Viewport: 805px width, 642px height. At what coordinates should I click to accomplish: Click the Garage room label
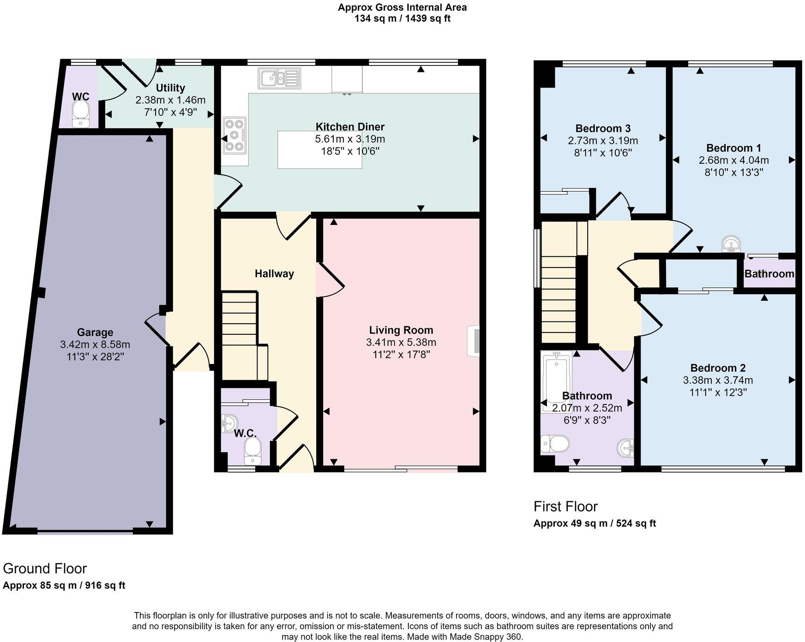(x=95, y=332)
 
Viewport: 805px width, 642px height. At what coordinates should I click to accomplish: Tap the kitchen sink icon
(x=279, y=78)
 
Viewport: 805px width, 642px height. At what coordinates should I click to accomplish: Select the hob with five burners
(x=235, y=135)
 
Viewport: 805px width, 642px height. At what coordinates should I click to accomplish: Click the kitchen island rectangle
(x=319, y=149)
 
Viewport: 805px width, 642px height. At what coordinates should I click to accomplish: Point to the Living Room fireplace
(x=474, y=341)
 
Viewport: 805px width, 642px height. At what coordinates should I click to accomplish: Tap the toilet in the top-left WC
(x=81, y=113)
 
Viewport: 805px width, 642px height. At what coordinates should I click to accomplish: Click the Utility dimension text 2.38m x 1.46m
(x=170, y=100)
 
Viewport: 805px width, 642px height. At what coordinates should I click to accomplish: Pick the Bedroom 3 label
(x=603, y=128)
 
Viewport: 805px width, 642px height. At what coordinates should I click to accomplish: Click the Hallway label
(x=274, y=273)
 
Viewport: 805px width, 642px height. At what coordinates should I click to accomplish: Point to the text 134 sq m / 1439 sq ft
(x=402, y=19)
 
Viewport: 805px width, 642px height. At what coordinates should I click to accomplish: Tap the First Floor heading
(x=565, y=506)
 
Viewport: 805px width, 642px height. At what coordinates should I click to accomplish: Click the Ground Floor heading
(x=45, y=568)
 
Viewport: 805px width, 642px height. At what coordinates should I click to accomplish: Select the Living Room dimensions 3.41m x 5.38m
(x=401, y=342)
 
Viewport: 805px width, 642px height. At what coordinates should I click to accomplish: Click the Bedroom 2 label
(x=718, y=368)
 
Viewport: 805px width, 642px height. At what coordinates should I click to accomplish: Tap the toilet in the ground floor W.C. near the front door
(x=252, y=450)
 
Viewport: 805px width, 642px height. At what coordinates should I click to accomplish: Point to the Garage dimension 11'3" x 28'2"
(x=95, y=357)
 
